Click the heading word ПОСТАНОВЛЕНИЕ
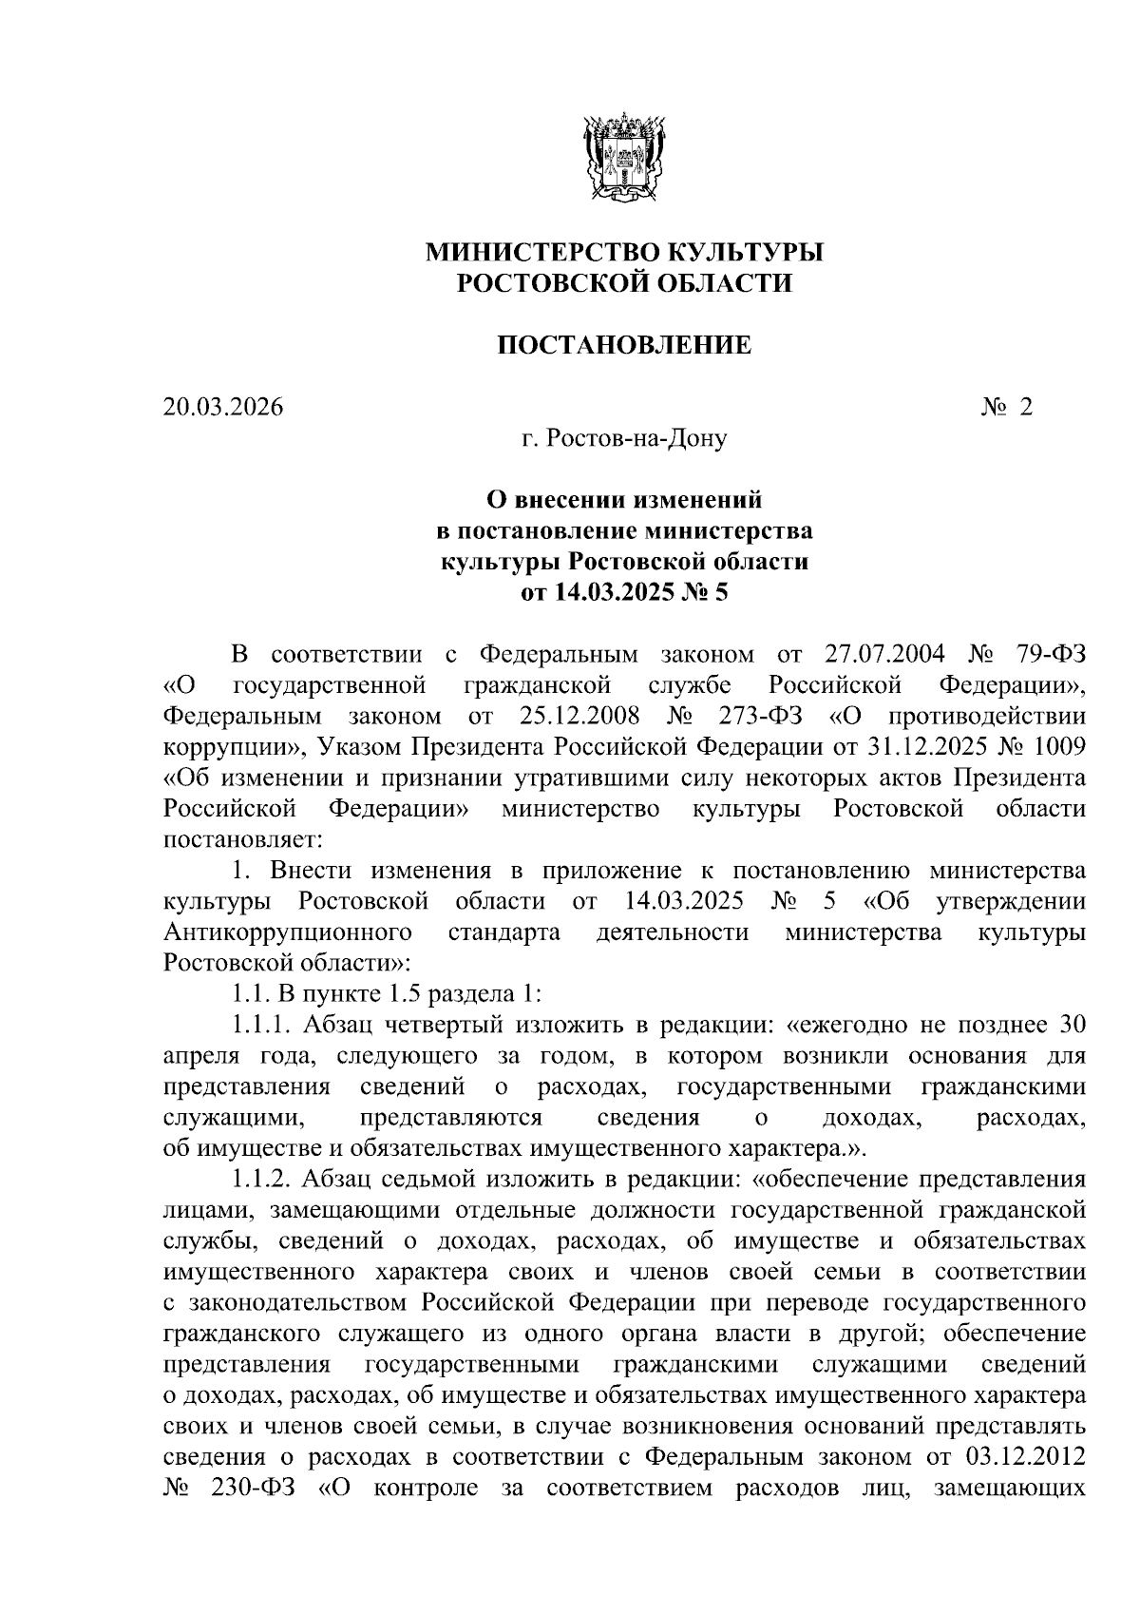click(x=624, y=345)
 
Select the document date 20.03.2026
click(x=223, y=407)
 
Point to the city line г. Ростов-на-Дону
click(x=624, y=438)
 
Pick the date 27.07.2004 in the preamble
click(x=880, y=654)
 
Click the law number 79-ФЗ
click(x=1048, y=654)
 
